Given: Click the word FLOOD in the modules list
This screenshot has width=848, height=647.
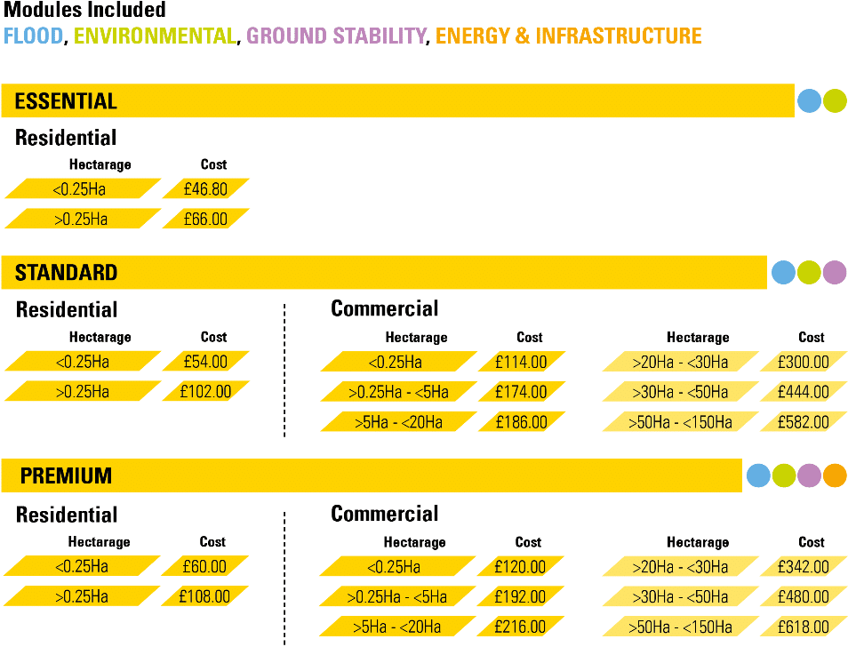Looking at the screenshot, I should pos(34,36).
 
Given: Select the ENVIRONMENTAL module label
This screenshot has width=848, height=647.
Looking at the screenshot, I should pos(155,36).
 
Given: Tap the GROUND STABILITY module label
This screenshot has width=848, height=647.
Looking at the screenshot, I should pos(336,36).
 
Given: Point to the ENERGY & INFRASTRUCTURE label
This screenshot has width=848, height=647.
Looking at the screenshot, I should pos(569,36).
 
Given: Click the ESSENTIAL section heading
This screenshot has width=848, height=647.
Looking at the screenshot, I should pos(66,101).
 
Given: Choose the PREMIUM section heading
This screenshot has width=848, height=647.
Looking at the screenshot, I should pos(66,476).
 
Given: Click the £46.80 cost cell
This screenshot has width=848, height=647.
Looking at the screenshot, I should pos(205,189).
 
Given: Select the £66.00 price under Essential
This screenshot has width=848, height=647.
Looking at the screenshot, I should pos(205,219).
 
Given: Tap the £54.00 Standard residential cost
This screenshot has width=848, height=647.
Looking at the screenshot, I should pos(205,362).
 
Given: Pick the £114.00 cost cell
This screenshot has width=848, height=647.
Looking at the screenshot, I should pos(522,363).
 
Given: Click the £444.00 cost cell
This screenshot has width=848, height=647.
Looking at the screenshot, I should pos(803,392).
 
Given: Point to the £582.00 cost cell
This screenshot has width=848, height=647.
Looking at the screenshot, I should pos(803,422).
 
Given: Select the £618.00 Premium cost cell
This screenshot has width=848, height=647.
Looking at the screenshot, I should pos(803,627).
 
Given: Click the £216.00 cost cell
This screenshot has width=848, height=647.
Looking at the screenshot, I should pos(520,627).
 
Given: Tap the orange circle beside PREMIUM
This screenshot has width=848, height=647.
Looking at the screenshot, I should pos(835,476).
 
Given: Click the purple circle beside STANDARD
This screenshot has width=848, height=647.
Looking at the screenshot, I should pos(835,272).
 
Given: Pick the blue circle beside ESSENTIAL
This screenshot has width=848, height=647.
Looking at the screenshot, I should pos(809,101).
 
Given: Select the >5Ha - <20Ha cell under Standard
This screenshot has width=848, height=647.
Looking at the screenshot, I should pos(396,422).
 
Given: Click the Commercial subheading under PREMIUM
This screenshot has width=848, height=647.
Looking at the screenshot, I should pos(384,514).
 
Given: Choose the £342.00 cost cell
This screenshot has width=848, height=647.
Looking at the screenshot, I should pos(803,566).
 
